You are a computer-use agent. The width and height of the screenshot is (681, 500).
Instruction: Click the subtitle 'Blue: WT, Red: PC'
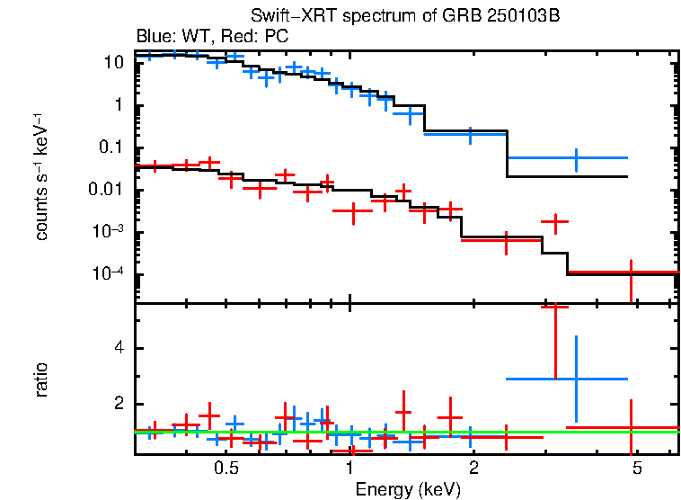coord(212,37)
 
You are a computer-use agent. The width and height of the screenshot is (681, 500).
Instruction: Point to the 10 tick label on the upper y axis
coord(113,63)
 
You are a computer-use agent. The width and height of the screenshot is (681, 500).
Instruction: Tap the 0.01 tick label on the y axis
coord(106,191)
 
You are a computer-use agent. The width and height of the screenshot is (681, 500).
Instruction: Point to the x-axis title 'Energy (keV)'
coord(408,489)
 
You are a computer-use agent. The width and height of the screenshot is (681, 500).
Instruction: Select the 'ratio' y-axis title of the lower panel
coord(41,378)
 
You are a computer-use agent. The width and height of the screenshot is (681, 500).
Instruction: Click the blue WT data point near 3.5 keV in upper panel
coord(576,158)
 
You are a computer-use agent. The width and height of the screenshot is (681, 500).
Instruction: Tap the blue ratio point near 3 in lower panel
coord(576,379)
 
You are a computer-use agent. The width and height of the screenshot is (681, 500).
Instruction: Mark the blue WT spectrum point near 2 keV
coord(470,134)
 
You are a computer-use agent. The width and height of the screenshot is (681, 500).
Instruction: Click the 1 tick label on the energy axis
coord(349,469)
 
